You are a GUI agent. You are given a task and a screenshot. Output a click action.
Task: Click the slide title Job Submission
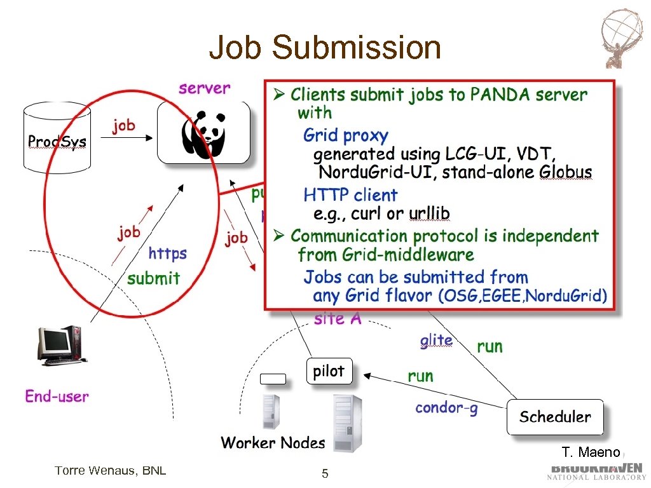pyautogui.click(x=325, y=48)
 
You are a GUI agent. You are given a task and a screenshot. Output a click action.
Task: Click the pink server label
pyautogui.click(x=204, y=88)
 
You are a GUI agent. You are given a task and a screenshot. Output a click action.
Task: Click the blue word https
pyautogui.click(x=167, y=254)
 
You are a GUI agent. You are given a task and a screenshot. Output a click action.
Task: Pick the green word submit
pyautogui.click(x=153, y=278)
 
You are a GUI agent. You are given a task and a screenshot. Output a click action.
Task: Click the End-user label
pyautogui.click(x=57, y=396)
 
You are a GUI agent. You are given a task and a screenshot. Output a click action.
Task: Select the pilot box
pyautogui.click(x=328, y=371)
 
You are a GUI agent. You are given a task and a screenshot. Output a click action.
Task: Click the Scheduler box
pyautogui.click(x=554, y=417)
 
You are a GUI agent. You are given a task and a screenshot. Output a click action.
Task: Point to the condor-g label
pyautogui.click(x=446, y=407)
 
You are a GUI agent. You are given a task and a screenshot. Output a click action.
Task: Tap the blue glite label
pyautogui.click(x=436, y=341)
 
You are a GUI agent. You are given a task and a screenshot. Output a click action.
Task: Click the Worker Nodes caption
pyautogui.click(x=273, y=442)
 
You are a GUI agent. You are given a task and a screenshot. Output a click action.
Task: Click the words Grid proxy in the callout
pyautogui.click(x=345, y=135)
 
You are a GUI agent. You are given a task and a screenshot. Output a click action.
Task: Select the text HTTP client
pyautogui.click(x=350, y=194)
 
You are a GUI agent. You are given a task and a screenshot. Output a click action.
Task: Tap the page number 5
pyautogui.click(x=325, y=473)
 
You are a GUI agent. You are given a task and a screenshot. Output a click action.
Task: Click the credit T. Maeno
pyautogui.click(x=590, y=452)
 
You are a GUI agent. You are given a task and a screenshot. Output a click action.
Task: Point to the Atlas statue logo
pyautogui.click(x=622, y=38)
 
